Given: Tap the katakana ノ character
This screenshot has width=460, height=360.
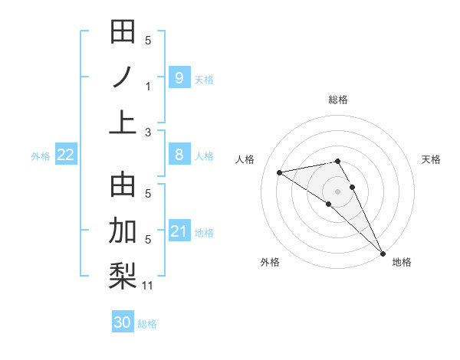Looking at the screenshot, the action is click(x=123, y=77).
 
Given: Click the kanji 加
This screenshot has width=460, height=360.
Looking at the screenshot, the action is click(x=123, y=231).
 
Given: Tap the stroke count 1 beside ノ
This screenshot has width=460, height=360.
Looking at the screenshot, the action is click(x=148, y=87).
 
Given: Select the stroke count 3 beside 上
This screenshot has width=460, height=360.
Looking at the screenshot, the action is click(x=148, y=133).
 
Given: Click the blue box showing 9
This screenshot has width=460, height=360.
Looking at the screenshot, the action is click(x=179, y=77).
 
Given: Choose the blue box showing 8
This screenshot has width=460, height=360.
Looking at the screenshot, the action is click(x=179, y=155).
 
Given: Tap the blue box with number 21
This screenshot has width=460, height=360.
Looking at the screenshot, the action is click(x=179, y=231).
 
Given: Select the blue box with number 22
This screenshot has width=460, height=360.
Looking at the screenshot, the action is click(x=66, y=155).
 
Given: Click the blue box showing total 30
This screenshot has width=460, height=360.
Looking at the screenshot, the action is click(x=123, y=322).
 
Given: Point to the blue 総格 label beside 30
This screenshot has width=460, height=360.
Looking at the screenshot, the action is click(x=147, y=324).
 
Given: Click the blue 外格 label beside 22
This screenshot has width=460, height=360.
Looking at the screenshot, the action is click(x=41, y=156).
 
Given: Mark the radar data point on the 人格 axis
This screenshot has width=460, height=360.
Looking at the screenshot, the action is click(x=280, y=172).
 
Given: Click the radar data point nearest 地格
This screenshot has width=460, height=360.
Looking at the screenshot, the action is click(x=382, y=252).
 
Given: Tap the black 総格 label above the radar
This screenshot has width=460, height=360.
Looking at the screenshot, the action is click(x=338, y=100).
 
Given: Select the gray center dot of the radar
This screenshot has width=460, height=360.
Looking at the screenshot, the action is click(x=338, y=191).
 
